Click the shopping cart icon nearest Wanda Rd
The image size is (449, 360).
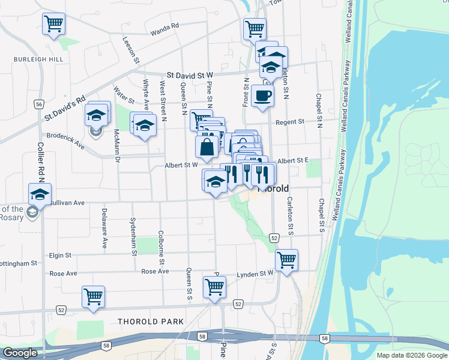click(x=53, y=24)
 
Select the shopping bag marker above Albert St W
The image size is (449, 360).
click(x=206, y=146)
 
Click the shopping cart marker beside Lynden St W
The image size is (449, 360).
click(x=286, y=260)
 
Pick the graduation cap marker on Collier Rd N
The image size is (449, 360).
click(x=40, y=194)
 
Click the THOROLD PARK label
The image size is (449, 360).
click(x=151, y=322)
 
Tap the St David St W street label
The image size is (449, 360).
click(x=190, y=74)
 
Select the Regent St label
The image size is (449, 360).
click(x=290, y=122)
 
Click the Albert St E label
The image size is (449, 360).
click(x=293, y=160)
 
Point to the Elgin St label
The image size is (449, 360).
click(x=60, y=255)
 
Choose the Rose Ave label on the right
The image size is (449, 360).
click(x=155, y=272)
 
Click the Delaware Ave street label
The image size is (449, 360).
click(x=104, y=229)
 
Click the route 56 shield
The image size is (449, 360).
click(x=38, y=104)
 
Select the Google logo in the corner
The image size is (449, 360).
click(x=20, y=353)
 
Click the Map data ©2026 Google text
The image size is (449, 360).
click(x=411, y=355)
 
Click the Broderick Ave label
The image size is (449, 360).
click(x=65, y=138)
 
